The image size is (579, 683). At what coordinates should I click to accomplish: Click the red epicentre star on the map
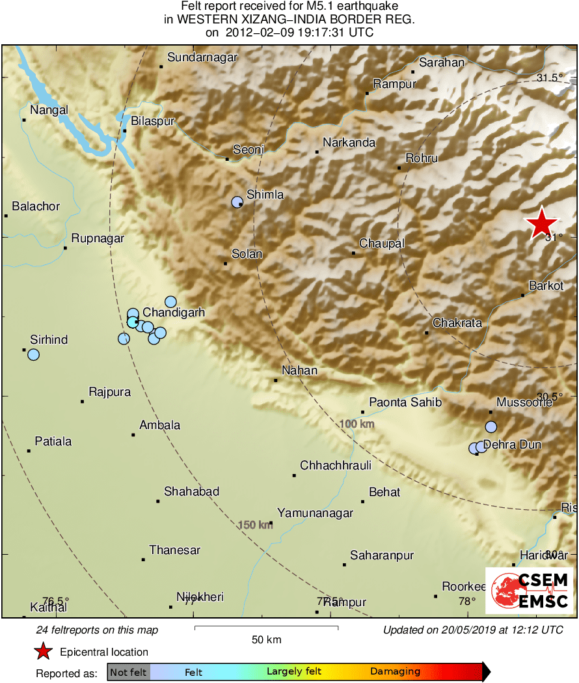click(x=541, y=223)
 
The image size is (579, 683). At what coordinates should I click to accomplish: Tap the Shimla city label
click(x=265, y=195)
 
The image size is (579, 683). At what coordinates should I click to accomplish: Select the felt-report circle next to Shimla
click(x=237, y=202)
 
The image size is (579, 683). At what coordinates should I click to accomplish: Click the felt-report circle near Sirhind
click(x=33, y=355)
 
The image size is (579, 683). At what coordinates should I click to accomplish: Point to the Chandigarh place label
click(x=174, y=313)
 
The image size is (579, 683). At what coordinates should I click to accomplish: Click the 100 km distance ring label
click(x=357, y=425)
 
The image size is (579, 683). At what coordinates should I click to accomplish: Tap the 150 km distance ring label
click(x=255, y=525)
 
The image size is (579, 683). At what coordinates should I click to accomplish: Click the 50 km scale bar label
click(x=267, y=640)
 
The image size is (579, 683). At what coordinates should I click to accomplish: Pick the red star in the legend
click(x=43, y=652)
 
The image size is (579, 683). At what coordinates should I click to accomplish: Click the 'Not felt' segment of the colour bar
click(x=128, y=672)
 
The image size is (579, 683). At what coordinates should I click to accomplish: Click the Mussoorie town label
click(x=524, y=402)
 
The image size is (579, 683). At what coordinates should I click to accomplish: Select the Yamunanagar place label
click(x=315, y=513)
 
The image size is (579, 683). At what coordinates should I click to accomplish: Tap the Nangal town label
click(x=49, y=110)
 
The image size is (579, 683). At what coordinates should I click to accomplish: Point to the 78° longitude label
click(x=467, y=602)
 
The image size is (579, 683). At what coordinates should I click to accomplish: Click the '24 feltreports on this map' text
click(x=97, y=630)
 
